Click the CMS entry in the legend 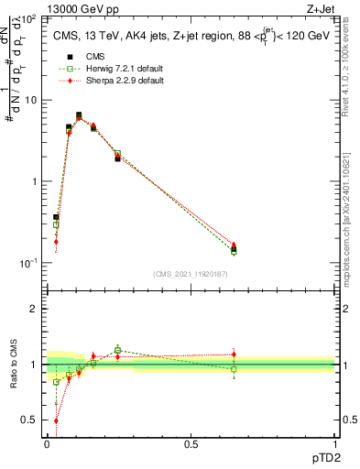(x=95, y=56)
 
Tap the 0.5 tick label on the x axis (x=191, y=444)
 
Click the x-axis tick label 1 (x=335, y=444)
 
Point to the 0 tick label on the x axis (x=47, y=444)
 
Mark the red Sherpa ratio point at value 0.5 (x=56, y=420)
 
